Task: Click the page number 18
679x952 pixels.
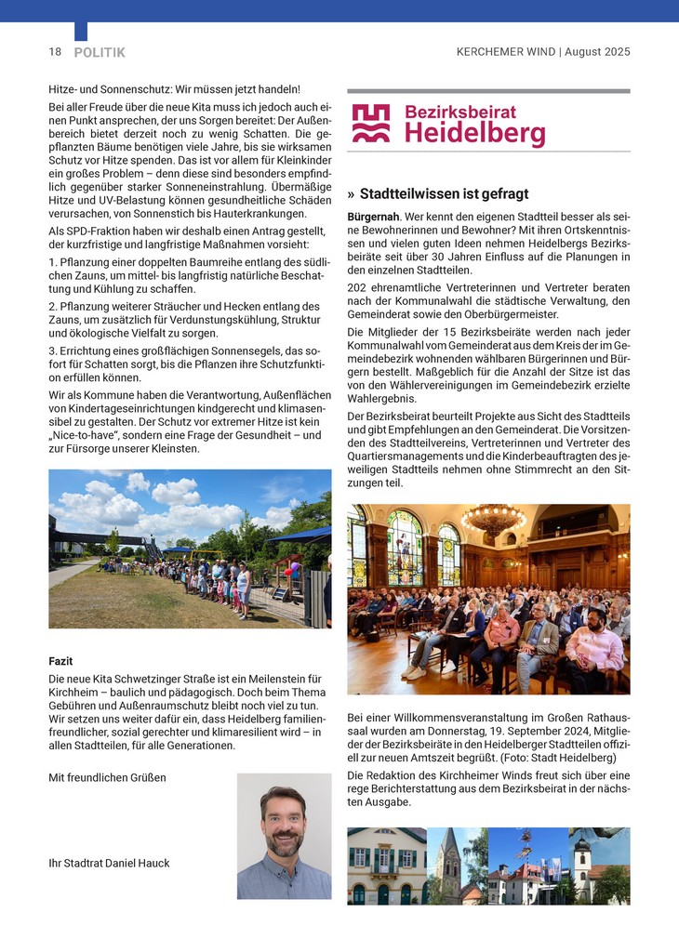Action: click(55, 52)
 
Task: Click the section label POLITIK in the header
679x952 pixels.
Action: click(100, 53)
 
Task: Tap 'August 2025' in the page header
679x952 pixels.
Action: click(599, 52)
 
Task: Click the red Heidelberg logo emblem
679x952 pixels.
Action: click(371, 124)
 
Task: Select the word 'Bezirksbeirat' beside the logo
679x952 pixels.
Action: click(460, 112)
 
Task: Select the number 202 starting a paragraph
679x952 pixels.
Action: click(357, 287)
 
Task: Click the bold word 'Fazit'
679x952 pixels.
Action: click(60, 661)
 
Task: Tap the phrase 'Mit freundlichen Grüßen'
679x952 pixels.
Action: click(107, 777)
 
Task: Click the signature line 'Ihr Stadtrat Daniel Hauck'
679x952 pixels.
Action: click(109, 864)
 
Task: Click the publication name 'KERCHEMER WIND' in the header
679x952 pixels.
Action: click(506, 52)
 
